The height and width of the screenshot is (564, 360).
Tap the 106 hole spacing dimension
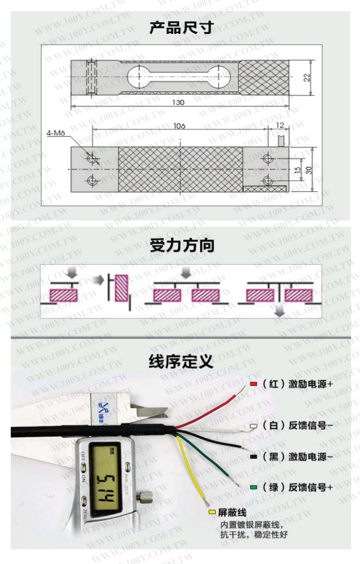pos(180,126)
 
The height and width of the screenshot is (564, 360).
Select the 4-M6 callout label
pos(55,133)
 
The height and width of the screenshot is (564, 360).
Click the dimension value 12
pos(280,126)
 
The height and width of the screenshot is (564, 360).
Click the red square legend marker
pos(254,384)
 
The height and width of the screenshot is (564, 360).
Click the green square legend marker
pos(254,487)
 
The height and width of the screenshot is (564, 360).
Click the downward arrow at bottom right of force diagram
pos(280,310)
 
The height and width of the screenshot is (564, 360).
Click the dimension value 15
pos(297,170)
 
